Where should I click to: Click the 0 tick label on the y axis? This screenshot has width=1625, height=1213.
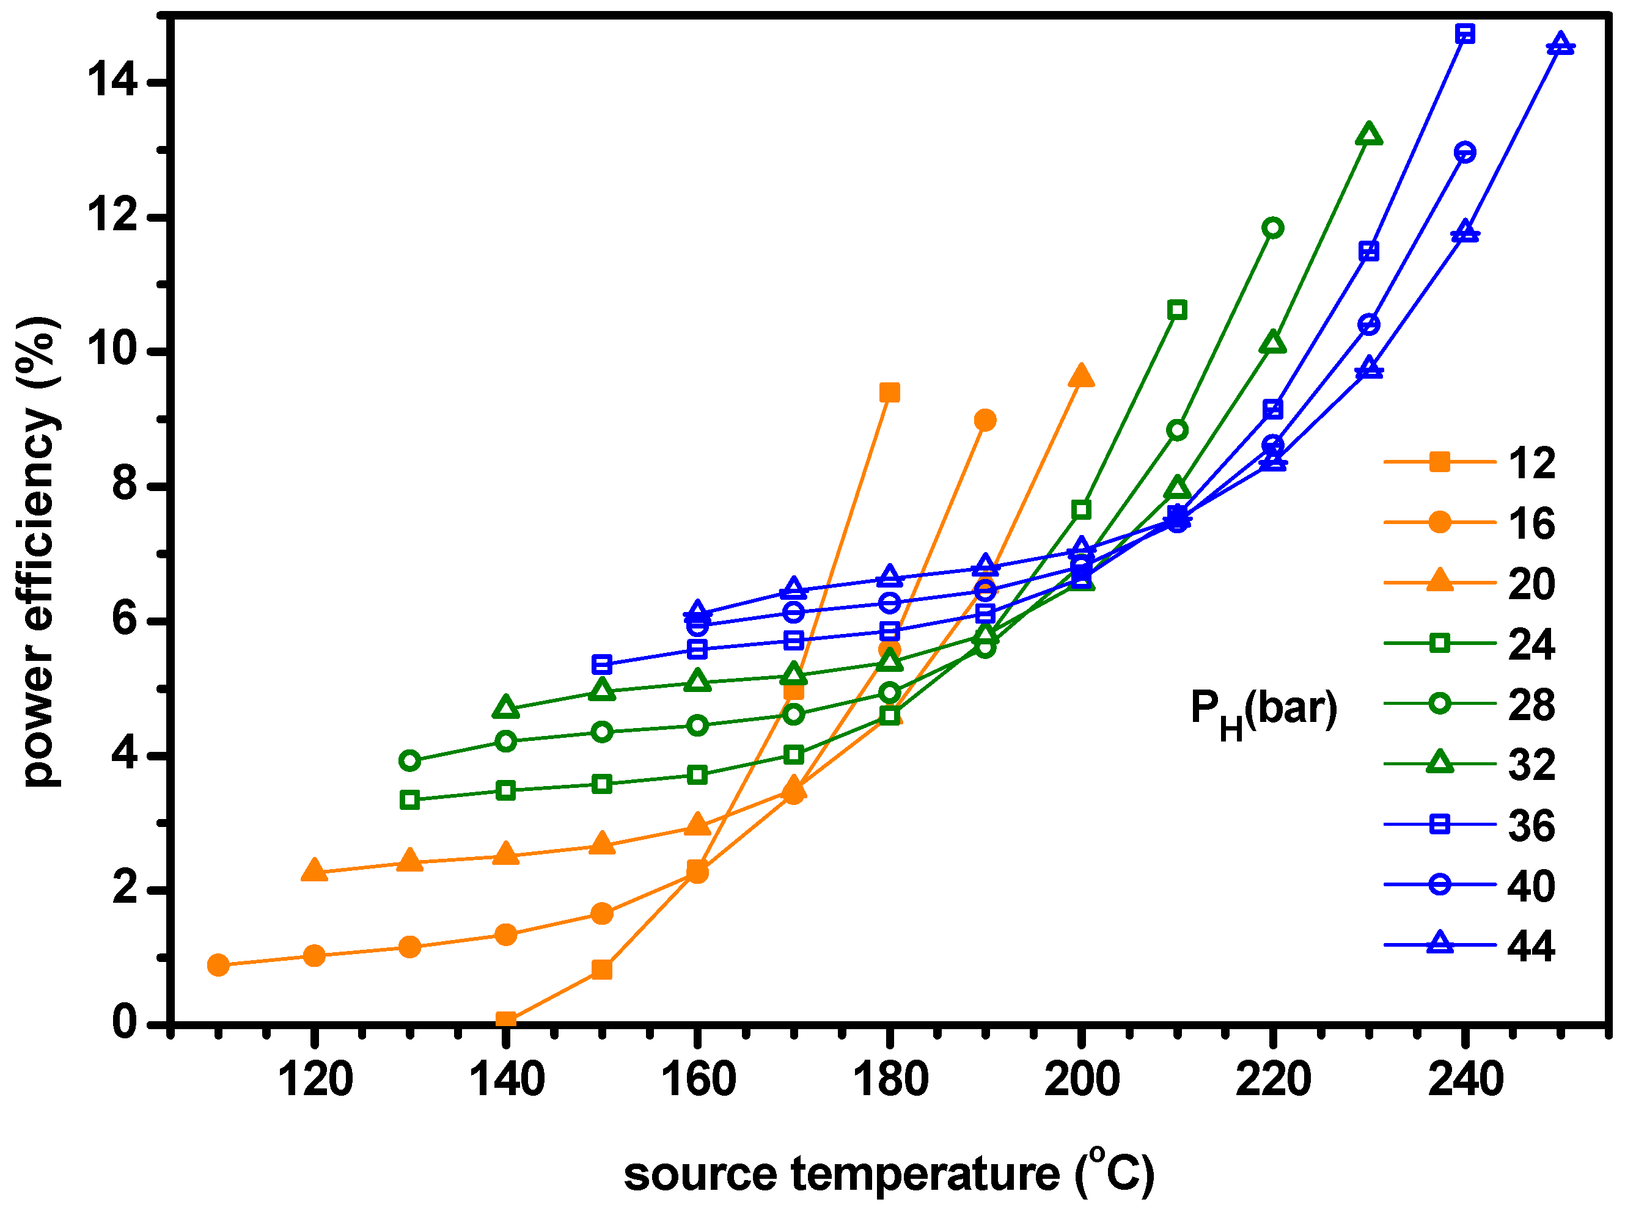(125, 1021)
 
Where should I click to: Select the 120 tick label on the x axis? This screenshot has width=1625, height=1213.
(316, 1080)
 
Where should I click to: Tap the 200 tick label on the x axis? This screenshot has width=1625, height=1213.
(1081, 1080)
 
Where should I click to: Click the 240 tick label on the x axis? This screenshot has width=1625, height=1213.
(1465, 1080)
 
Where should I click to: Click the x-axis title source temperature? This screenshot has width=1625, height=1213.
(889, 1173)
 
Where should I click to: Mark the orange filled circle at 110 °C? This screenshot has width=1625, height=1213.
(218, 965)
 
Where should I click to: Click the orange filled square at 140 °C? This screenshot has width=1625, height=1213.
(505, 1019)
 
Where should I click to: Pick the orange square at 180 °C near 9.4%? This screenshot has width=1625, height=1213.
(889, 393)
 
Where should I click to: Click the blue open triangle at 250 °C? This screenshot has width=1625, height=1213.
(1560, 44)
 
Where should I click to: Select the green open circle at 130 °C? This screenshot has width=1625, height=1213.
(410, 760)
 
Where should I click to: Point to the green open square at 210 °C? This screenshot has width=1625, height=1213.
(1177, 310)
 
